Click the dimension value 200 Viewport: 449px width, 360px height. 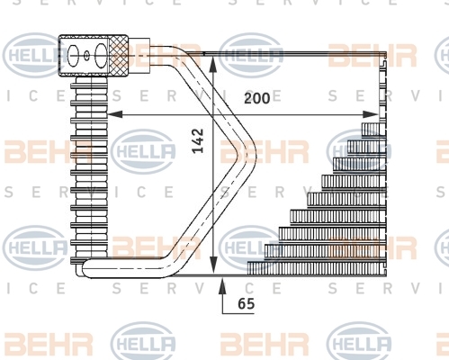pos(257,98)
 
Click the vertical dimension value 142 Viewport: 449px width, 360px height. pos(198,140)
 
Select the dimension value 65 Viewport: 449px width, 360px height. pos(247,303)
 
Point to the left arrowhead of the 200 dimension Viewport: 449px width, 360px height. pos(115,114)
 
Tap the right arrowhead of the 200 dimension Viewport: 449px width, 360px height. pos(370,114)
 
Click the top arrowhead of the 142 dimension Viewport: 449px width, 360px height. pos(212,64)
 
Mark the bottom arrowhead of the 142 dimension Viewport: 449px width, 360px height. pos(212,265)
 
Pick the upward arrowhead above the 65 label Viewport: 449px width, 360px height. pos(222,286)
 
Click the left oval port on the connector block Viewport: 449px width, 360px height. pos(73,56)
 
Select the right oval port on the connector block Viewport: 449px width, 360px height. pos(101,56)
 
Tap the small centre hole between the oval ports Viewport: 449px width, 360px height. pos(86,55)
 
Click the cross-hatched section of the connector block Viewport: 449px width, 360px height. pos(118,56)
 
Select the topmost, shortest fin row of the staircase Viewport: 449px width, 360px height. pos(373,130)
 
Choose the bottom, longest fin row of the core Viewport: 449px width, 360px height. pos(317,268)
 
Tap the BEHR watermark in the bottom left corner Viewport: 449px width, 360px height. pos(48,344)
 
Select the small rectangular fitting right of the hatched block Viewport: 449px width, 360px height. pos(139,56)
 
